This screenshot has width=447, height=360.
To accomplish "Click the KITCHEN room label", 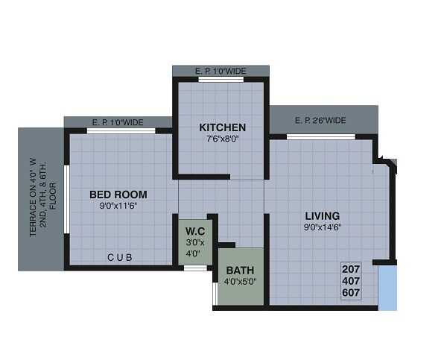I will click(222, 127).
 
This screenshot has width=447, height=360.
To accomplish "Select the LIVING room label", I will click(322, 216).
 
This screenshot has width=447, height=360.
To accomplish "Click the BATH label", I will click(240, 270).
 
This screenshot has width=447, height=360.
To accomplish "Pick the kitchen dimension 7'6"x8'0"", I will click(221, 139).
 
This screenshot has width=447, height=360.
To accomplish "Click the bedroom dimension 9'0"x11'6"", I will click(118, 206).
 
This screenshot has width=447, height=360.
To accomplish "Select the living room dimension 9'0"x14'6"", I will click(322, 227).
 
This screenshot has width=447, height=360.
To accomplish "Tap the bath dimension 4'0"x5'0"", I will click(240, 282).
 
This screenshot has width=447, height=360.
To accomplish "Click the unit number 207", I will click(351, 270).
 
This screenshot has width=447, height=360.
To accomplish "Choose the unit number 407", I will click(351, 282).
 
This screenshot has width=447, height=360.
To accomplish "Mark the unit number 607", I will click(351, 293).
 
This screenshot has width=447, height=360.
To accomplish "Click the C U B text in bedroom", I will click(120, 257).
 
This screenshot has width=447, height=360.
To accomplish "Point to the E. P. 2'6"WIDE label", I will click(320, 120).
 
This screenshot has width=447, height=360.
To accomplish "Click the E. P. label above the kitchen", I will click(221, 72).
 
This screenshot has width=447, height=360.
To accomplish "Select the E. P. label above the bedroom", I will click(118, 122).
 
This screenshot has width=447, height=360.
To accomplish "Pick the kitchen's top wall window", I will click(221, 79).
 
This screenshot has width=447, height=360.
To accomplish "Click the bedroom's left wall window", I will click(66, 198).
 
